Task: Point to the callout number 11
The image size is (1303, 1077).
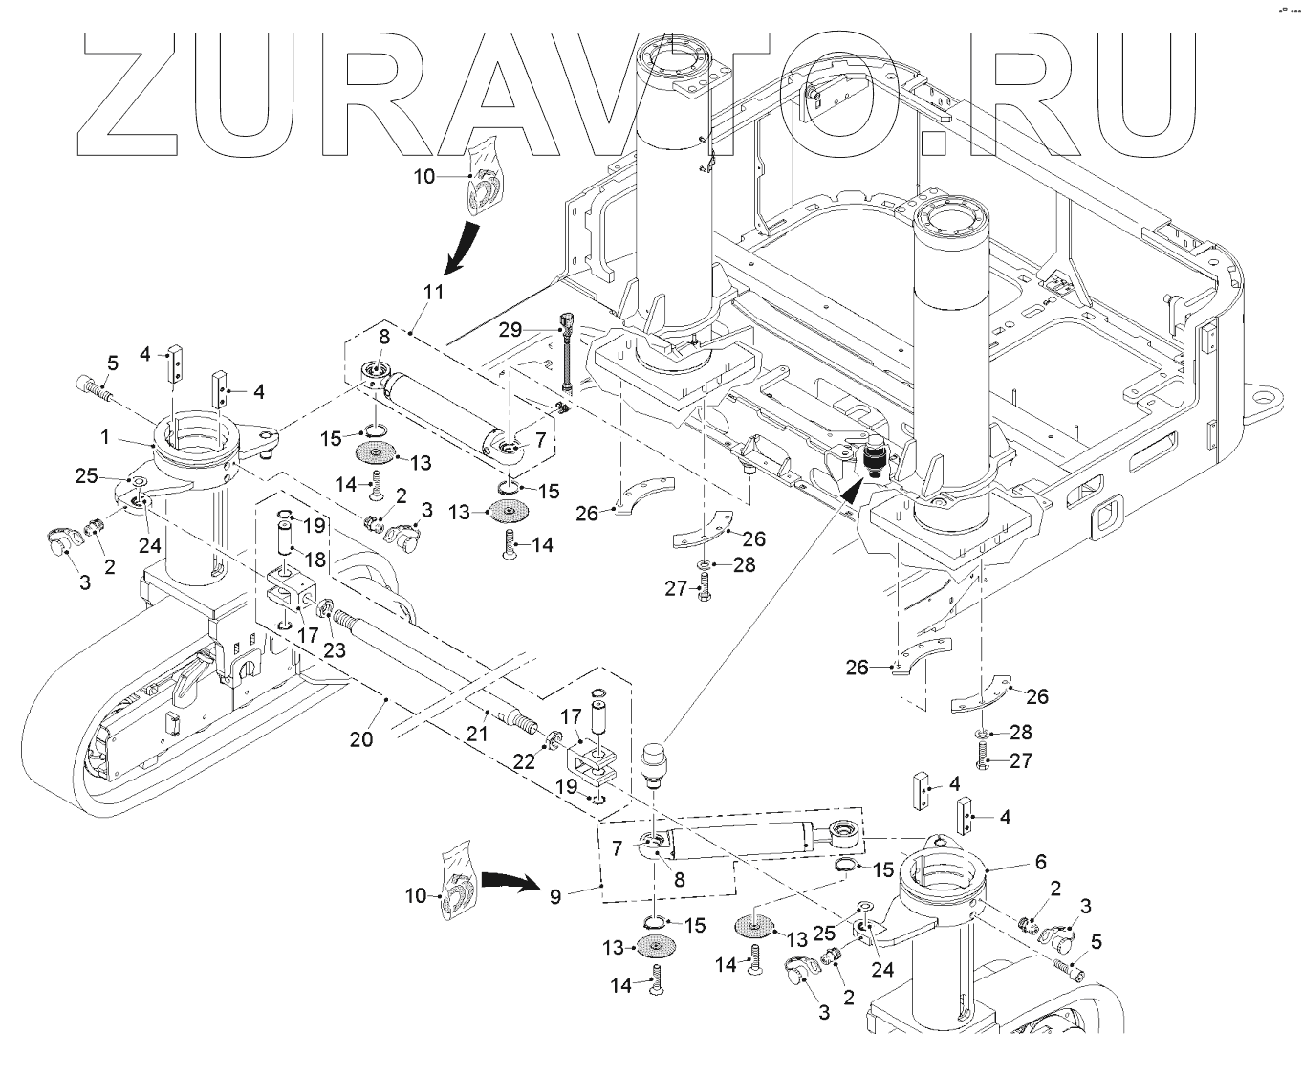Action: point(433,293)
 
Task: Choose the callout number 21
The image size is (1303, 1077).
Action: point(477,734)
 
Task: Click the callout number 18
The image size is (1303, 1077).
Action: point(315,557)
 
